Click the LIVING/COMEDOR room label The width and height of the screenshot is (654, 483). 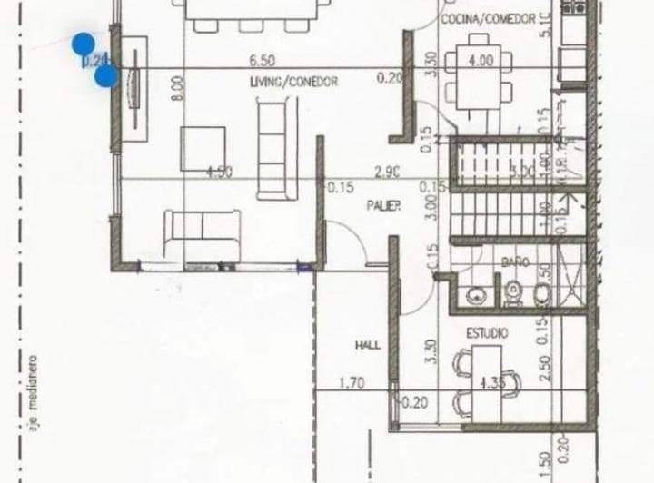pyautogui.click(x=294, y=81)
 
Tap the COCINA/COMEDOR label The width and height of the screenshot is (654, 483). pyautogui.click(x=488, y=19)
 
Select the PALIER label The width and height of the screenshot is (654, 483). pyautogui.click(x=384, y=206)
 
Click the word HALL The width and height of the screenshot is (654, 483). pyautogui.click(x=367, y=345)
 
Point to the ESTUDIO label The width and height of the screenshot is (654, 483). pyautogui.click(x=488, y=334)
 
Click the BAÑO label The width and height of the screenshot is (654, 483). pyautogui.click(x=515, y=261)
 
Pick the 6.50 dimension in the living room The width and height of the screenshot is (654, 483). pyautogui.click(x=263, y=61)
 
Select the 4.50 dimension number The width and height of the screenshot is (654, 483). pyautogui.click(x=219, y=171)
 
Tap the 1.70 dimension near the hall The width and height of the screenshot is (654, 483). pyautogui.click(x=351, y=383)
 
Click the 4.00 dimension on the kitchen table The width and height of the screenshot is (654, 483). pyautogui.click(x=481, y=61)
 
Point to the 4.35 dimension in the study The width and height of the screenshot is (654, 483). pyautogui.click(x=492, y=381)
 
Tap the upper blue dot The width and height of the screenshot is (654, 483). pyautogui.click(x=83, y=43)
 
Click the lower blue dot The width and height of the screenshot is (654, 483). pyautogui.click(x=105, y=75)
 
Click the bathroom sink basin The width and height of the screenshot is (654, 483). pyautogui.click(x=474, y=294)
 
